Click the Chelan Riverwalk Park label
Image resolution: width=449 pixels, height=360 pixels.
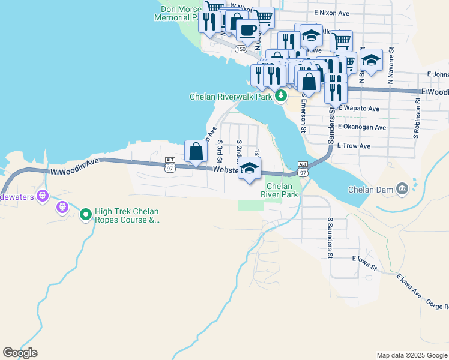click(x=231, y=97)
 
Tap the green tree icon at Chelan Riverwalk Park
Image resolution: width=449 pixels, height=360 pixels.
click(x=280, y=96)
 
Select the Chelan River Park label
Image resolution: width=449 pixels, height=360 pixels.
click(x=281, y=191)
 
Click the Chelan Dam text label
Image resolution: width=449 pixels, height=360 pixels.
click(x=371, y=190)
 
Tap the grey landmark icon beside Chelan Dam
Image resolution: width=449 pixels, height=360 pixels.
click(x=402, y=190)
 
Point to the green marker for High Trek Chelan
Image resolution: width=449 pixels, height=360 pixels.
click(x=86, y=214)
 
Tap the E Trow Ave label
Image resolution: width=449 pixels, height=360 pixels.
click(x=354, y=146)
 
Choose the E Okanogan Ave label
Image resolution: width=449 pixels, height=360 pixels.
click(x=361, y=127)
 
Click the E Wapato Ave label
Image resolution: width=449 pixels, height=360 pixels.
click(x=358, y=109)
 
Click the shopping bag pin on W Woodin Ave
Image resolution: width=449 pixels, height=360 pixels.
click(x=196, y=152)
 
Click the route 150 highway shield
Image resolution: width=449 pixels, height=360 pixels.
click(x=241, y=49)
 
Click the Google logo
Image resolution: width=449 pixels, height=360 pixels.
click(x=20, y=353)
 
